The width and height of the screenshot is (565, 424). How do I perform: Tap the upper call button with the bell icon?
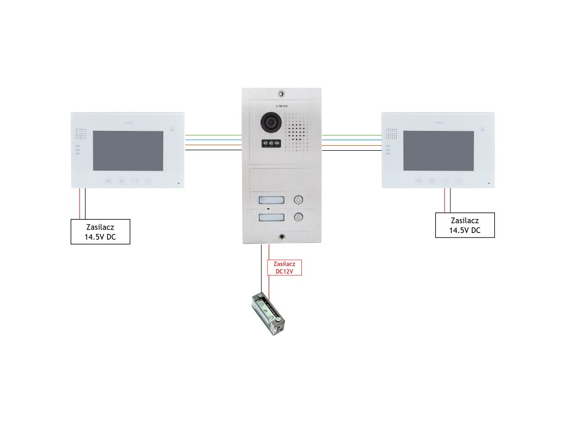(x=299, y=200)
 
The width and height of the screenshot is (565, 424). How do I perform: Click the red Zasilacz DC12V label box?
(x=285, y=267)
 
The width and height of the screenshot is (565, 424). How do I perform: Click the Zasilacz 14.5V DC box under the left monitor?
(x=100, y=232)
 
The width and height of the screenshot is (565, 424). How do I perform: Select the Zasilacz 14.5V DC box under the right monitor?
(x=465, y=225)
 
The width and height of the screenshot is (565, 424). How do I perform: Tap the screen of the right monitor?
(x=439, y=151)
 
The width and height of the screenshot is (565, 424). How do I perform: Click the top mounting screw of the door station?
(x=281, y=93)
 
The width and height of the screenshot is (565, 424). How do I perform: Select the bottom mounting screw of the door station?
(x=282, y=236)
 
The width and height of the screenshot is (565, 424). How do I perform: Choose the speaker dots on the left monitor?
(x=81, y=134)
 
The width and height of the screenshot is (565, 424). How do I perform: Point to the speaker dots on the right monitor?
(x=392, y=134)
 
